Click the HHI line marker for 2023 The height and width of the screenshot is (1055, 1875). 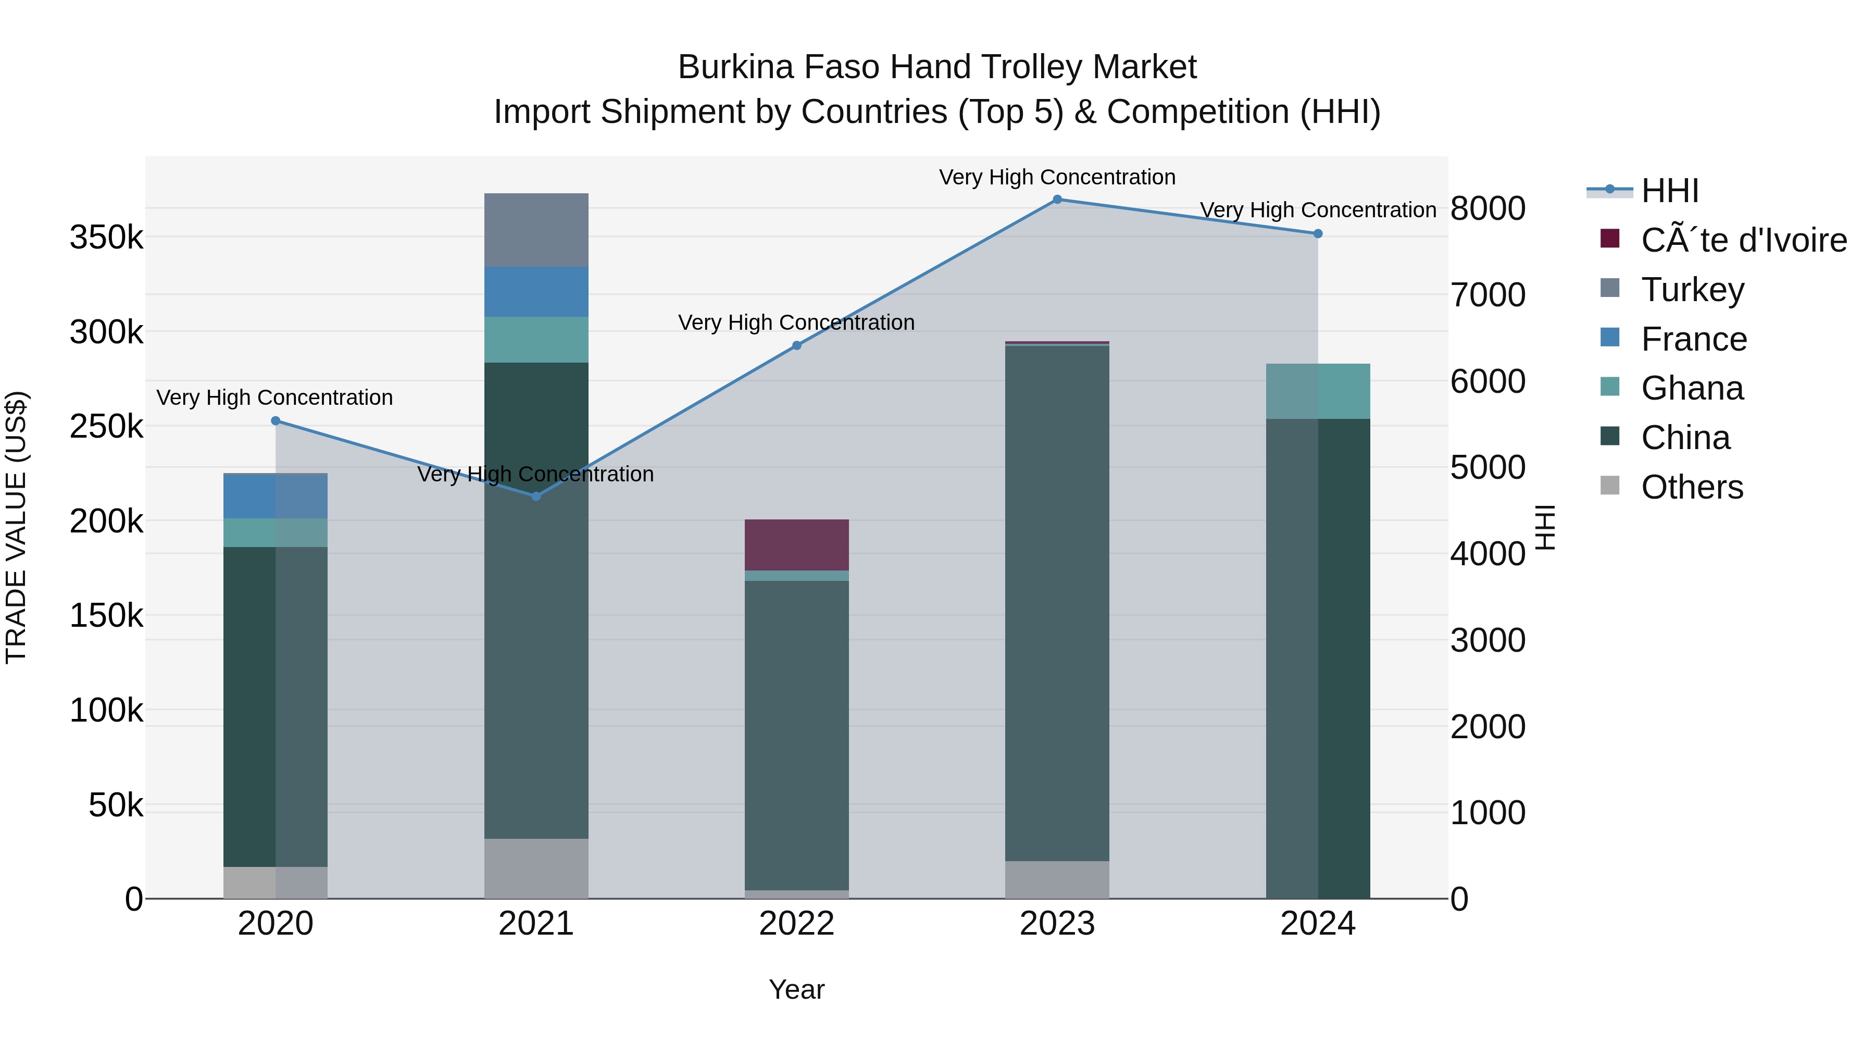(1057, 200)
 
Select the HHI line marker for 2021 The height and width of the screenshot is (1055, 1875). (536, 497)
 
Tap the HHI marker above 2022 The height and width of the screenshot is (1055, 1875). (796, 346)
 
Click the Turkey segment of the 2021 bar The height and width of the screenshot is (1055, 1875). (536, 230)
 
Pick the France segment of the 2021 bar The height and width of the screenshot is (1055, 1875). (536, 292)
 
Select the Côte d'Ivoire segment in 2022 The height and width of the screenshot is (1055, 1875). (796, 544)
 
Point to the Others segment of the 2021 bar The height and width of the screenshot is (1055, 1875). (536, 868)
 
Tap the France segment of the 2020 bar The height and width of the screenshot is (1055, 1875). (275, 497)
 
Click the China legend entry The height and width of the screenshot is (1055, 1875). (1684, 438)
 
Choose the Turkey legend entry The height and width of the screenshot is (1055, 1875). (1692, 290)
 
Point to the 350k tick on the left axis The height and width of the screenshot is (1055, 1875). (106, 238)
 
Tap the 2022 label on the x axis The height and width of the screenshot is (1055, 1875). (796, 924)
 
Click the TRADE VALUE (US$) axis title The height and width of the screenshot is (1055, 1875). (17, 527)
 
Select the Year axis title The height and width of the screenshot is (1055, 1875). (796, 989)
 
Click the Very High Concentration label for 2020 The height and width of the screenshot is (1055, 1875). (274, 398)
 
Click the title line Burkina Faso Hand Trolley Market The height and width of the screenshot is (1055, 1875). (937, 67)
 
